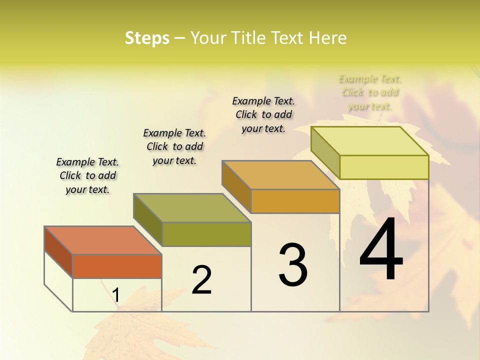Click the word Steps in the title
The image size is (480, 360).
[x=147, y=38]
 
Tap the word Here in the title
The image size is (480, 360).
[x=327, y=38]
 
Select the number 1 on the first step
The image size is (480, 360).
[x=116, y=295]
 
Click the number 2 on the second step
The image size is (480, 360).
[x=201, y=280]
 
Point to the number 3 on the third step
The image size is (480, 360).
[x=293, y=265]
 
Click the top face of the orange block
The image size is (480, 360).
[x=103, y=240]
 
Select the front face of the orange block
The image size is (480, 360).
[x=117, y=266]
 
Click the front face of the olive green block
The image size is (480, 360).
[x=206, y=234]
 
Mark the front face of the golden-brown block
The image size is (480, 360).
[x=295, y=201]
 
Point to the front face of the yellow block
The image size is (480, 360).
[x=384, y=167]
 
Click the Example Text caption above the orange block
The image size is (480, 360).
[x=87, y=175]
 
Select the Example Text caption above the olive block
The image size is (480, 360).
[x=174, y=146]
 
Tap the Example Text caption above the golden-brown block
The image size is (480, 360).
[x=263, y=114]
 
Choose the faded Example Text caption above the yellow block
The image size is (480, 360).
[x=370, y=92]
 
